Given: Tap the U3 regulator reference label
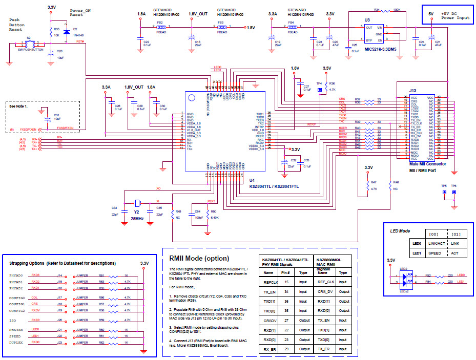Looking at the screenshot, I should tap(367, 20).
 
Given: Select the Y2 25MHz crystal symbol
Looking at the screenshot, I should tap(137, 202).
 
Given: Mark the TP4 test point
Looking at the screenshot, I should tap(320, 90).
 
